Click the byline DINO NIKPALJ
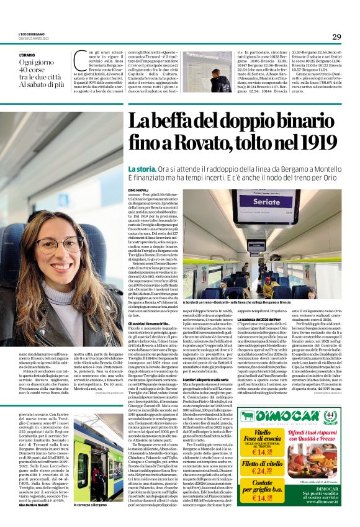coord(140,188)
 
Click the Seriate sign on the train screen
coord(268,203)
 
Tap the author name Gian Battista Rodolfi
coord(34,504)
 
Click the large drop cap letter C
coord(79,60)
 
